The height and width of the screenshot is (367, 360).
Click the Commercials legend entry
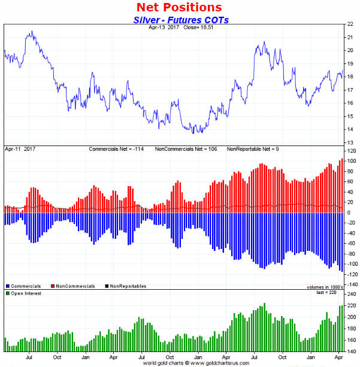26,286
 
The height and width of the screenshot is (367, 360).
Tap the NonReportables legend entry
126,286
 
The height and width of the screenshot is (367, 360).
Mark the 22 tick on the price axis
349,24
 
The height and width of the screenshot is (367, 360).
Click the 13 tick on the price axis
349,142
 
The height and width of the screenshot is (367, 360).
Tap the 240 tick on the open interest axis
350,294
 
